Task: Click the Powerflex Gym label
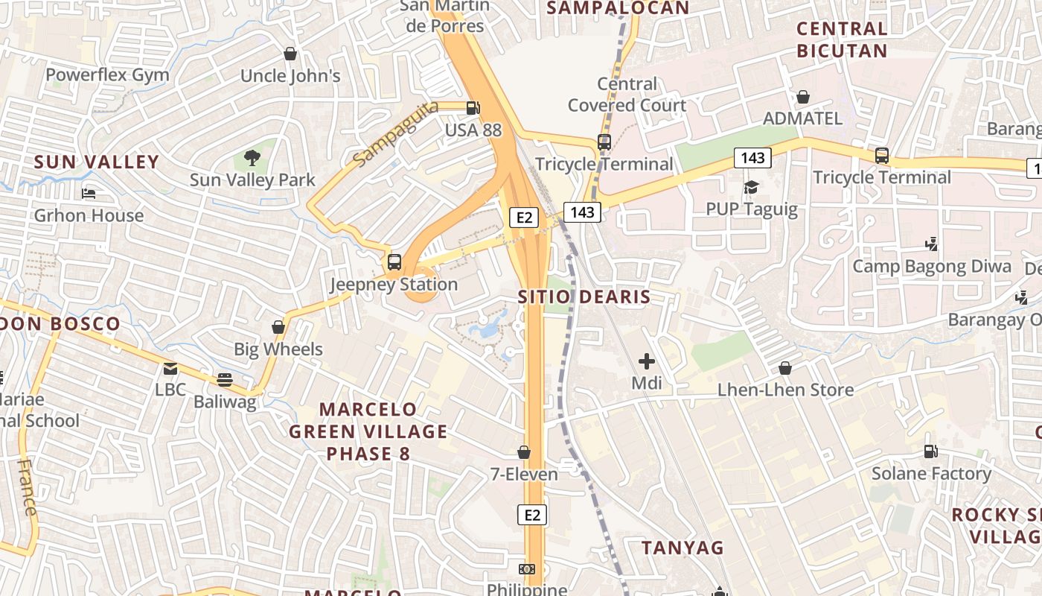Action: (107, 75)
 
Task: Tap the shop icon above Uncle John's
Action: (290, 54)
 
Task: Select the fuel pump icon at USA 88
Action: (473, 108)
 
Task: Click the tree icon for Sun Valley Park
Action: (252, 158)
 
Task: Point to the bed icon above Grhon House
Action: (89, 194)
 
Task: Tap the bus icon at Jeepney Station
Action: (394, 262)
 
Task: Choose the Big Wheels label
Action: (278, 349)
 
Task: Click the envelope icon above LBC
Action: (170, 368)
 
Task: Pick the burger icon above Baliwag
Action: (225, 380)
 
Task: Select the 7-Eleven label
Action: (523, 474)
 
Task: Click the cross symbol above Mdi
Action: (646, 362)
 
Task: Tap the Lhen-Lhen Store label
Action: (785, 390)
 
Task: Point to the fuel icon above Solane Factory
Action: (930, 451)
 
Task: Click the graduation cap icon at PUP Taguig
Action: (752, 187)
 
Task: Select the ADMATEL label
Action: (803, 118)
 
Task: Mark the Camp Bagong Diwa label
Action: (932, 266)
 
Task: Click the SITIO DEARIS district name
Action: (584, 297)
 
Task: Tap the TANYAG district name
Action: (683, 548)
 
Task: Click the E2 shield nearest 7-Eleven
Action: (531, 515)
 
